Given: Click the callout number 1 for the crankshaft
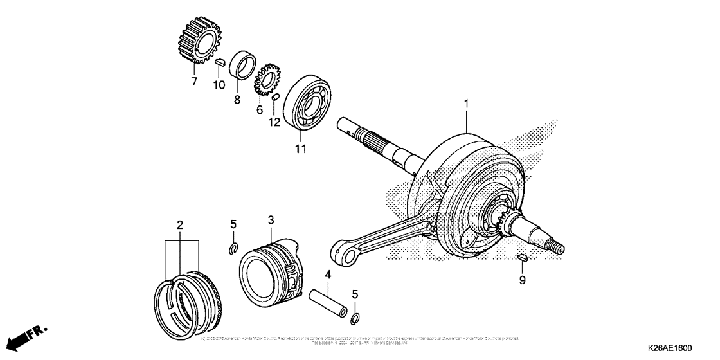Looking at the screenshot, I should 467,104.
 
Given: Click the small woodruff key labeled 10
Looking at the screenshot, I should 219,63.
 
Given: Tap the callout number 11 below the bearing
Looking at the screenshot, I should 300,149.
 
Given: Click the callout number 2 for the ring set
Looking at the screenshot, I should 181,224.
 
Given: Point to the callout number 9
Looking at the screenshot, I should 523,280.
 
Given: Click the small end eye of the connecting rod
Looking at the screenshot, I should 343,251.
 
